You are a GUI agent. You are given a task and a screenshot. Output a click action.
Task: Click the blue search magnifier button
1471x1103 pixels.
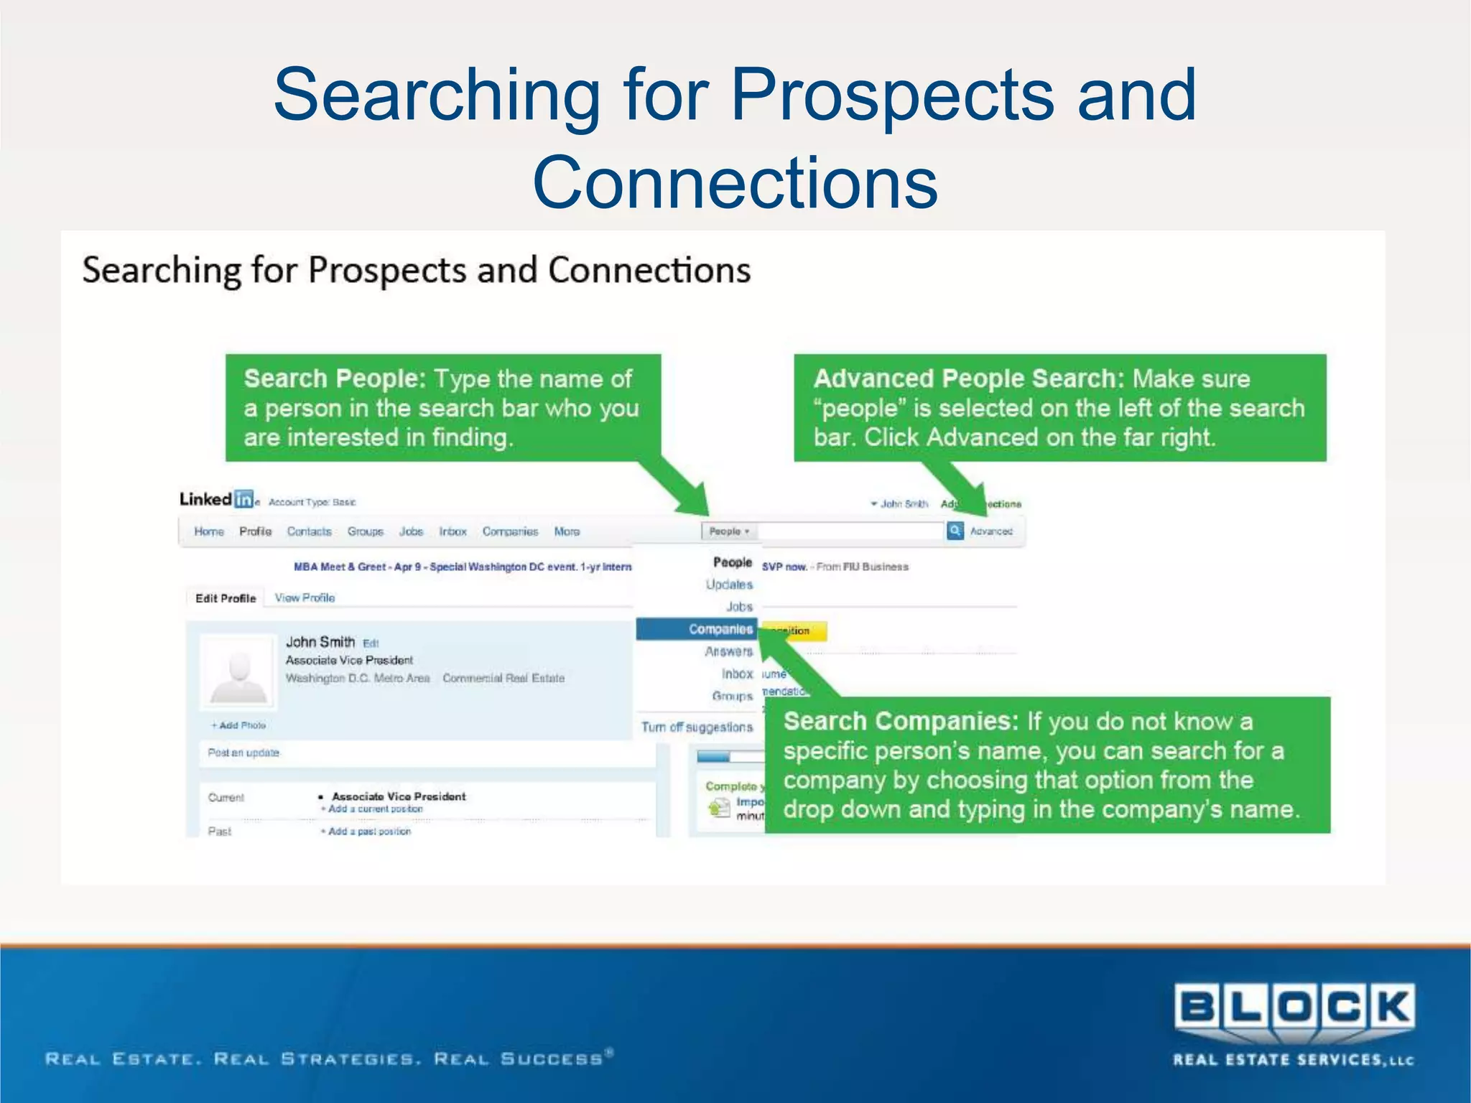[x=955, y=531]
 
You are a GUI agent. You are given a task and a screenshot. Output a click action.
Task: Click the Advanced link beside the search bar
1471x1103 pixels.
[x=991, y=531]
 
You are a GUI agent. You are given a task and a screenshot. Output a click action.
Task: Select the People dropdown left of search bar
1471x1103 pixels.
[x=728, y=531]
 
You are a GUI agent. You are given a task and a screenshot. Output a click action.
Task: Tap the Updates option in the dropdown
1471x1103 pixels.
[x=729, y=585]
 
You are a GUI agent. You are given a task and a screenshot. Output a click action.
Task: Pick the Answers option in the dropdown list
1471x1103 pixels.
[x=728, y=651]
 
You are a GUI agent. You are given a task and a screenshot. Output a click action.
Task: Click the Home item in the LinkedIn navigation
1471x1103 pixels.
[x=209, y=531]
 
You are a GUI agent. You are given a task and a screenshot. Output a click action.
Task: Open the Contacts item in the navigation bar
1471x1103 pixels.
[x=309, y=531]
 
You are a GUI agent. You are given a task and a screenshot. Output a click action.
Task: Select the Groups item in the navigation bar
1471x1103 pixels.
[x=366, y=531]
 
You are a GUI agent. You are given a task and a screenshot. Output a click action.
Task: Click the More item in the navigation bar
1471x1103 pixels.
[x=567, y=531]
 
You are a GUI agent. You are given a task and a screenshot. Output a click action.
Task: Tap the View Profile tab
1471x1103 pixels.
[x=305, y=597]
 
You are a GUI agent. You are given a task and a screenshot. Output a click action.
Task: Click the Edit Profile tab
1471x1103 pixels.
[x=226, y=598]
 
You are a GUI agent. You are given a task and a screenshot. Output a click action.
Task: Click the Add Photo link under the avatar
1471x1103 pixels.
[x=239, y=725]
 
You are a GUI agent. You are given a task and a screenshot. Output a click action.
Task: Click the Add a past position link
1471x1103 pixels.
[x=368, y=831]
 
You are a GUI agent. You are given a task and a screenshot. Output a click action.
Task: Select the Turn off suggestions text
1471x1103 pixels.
[x=697, y=727]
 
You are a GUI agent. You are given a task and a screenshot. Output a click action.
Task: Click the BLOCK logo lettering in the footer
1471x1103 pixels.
[x=1294, y=1007]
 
